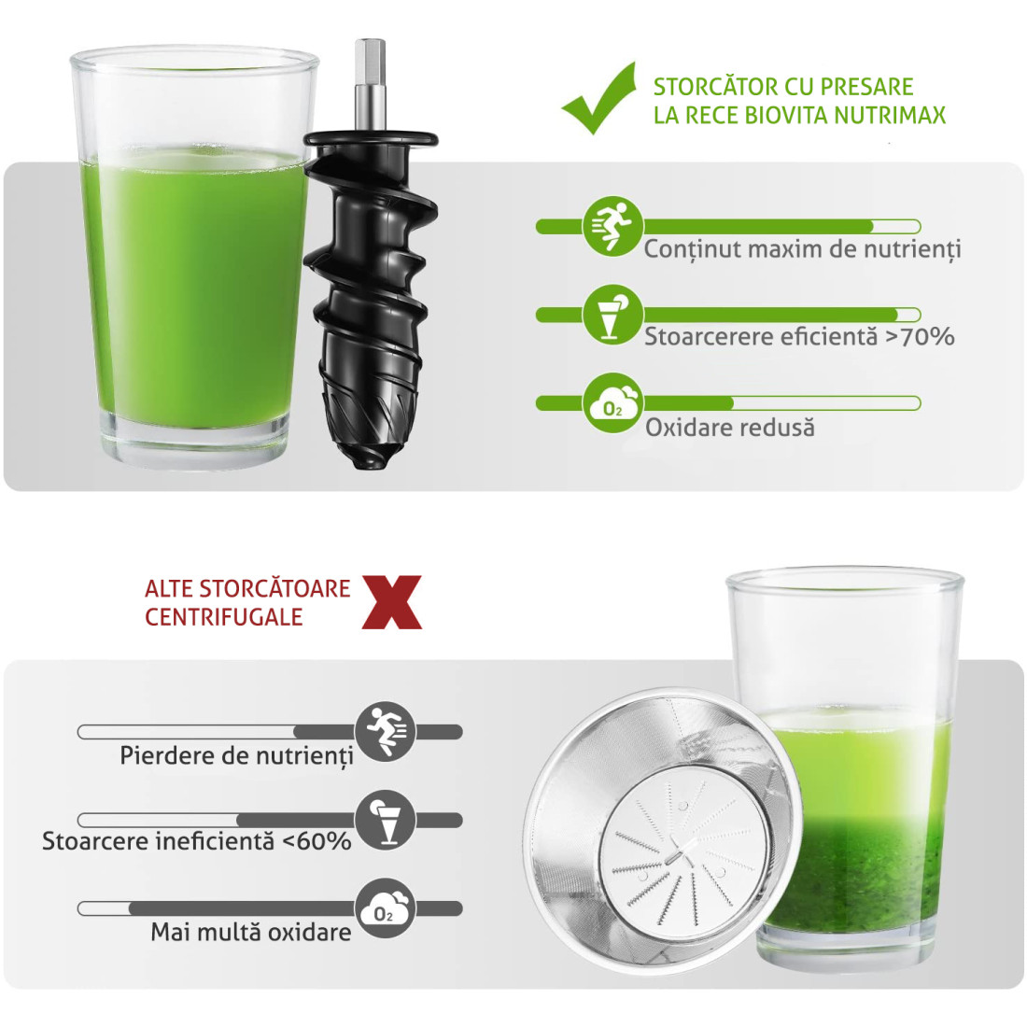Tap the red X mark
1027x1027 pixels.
[392, 602]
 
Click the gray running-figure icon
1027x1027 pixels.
[386, 732]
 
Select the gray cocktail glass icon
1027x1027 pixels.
[386, 820]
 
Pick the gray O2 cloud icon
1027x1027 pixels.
[386, 908]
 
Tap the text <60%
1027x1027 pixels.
[317, 841]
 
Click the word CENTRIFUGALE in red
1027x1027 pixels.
[223, 617]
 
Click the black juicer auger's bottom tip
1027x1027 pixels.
[371, 462]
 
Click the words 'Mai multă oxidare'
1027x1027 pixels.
[251, 932]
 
